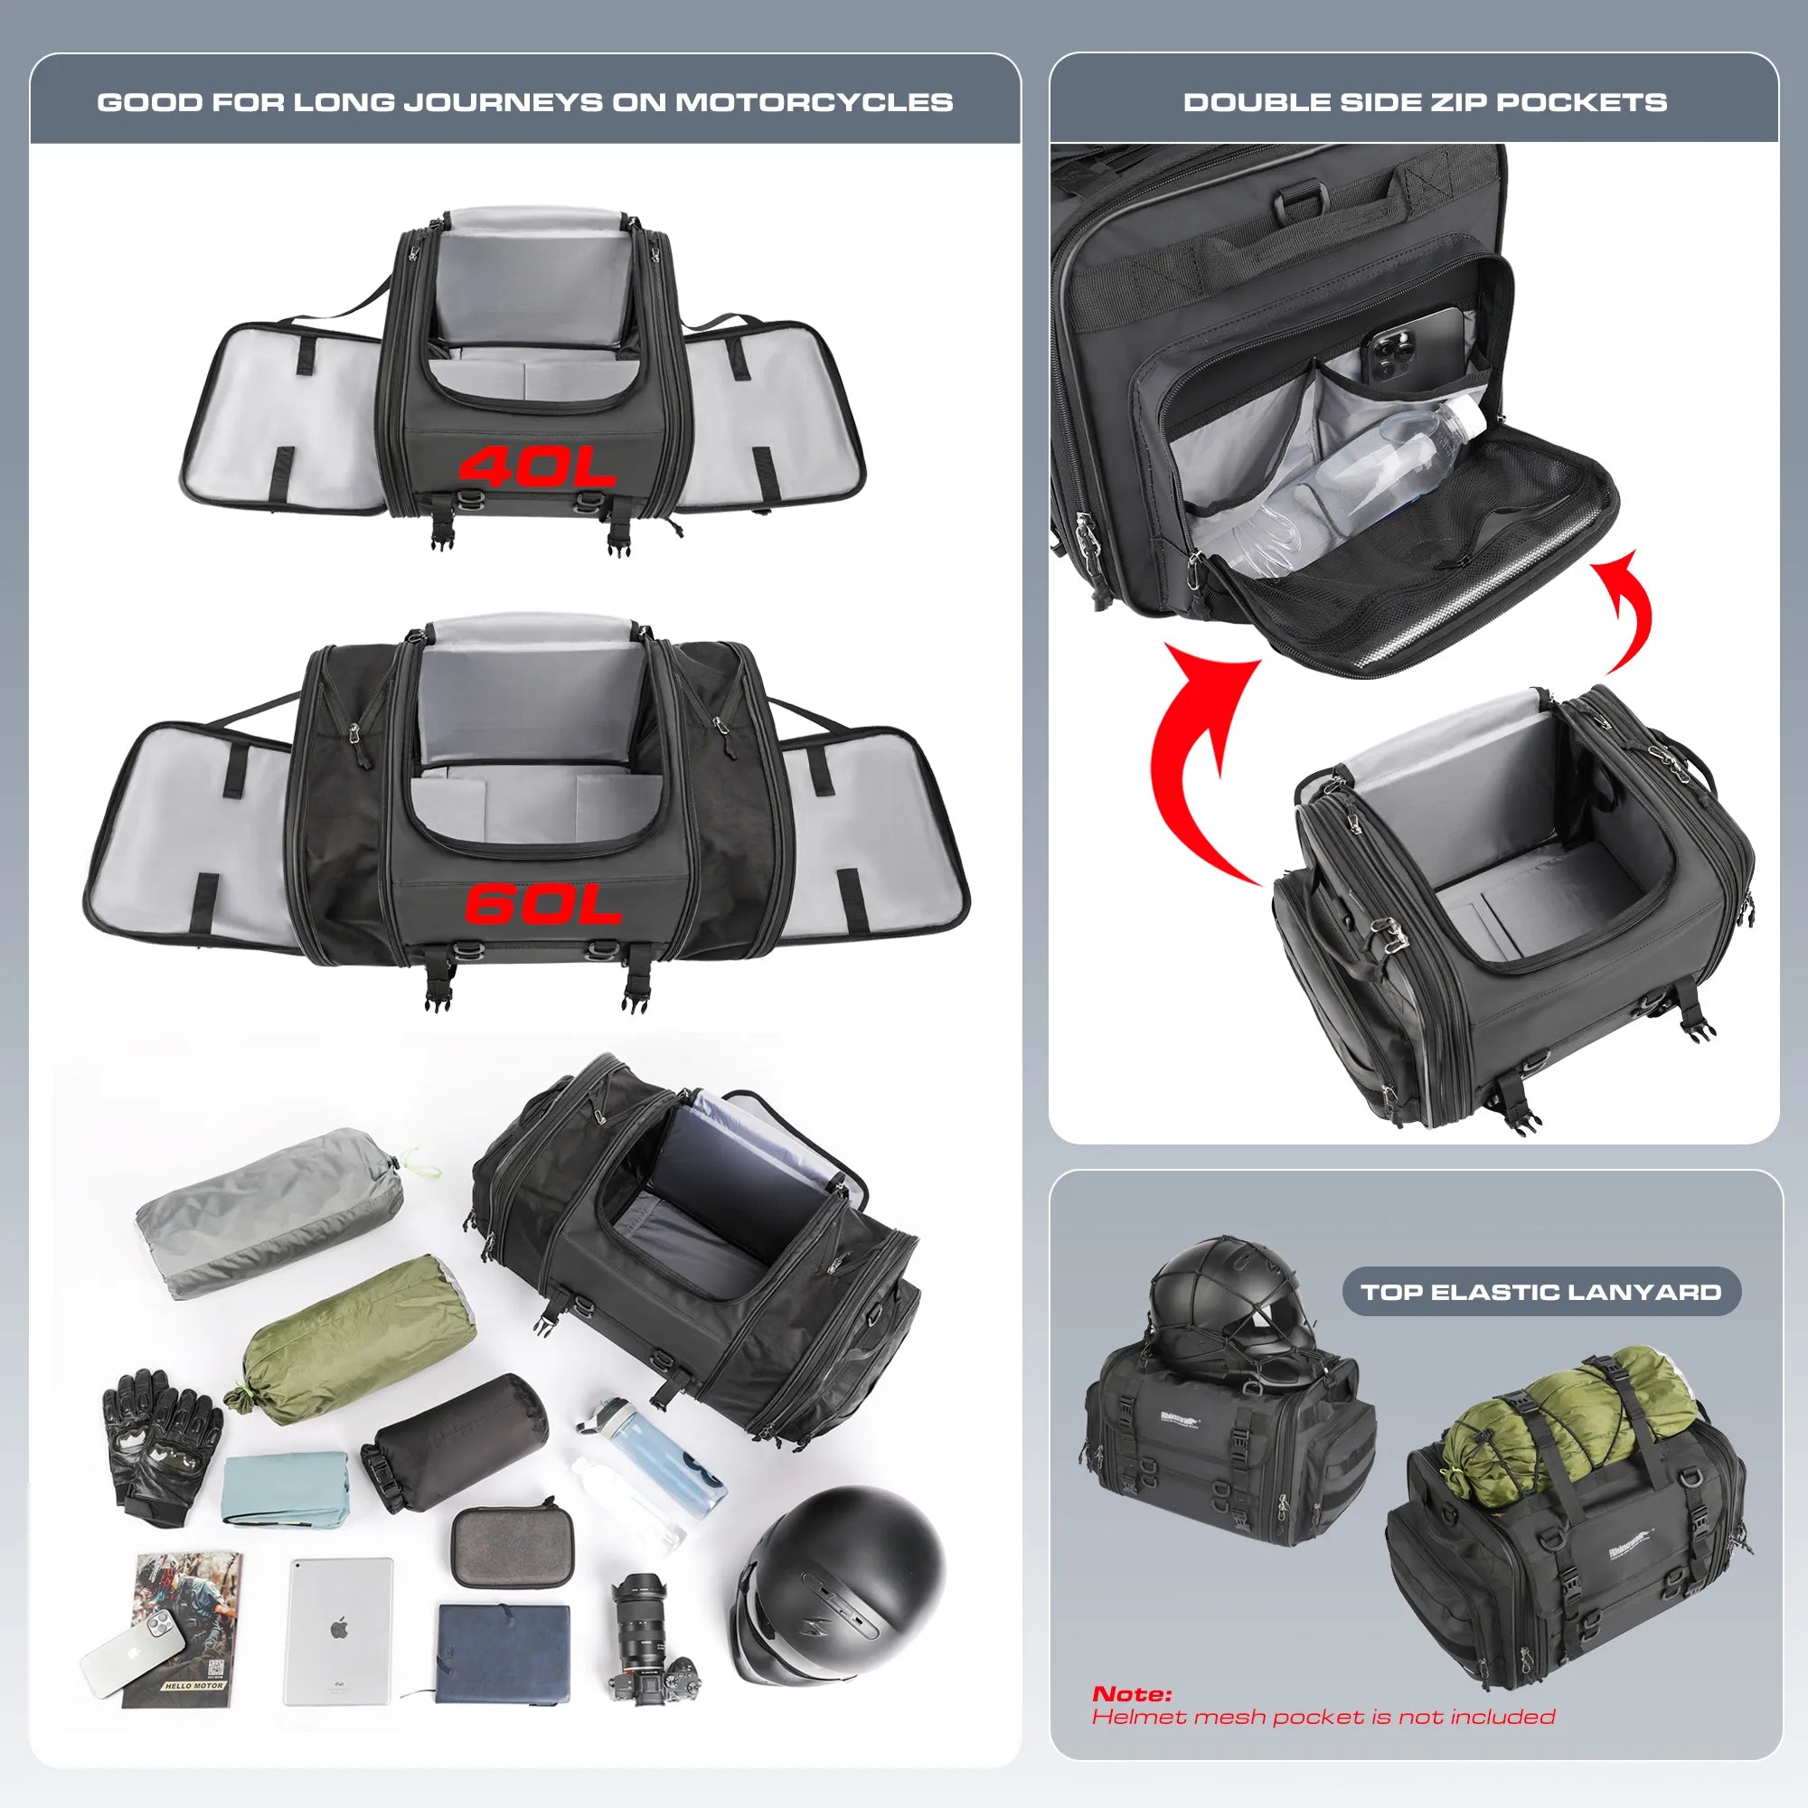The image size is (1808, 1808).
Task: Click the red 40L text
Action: [536, 466]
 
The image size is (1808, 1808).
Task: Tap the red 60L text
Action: [542, 904]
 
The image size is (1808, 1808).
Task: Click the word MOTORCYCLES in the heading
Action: [814, 102]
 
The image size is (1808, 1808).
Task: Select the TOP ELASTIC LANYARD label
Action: [1540, 1293]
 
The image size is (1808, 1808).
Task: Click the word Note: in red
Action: [1132, 1694]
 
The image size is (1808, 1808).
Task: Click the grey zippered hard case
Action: [512, 1546]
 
